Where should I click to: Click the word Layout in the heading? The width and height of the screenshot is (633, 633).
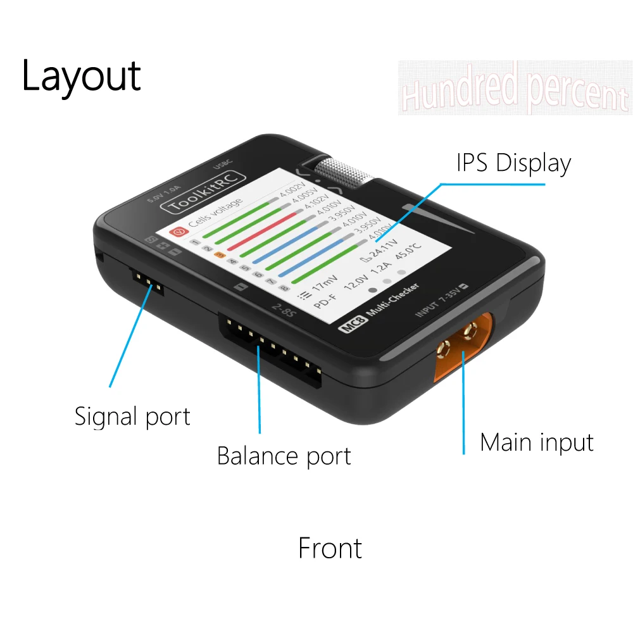(81, 77)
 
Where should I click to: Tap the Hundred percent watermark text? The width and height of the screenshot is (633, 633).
(515, 89)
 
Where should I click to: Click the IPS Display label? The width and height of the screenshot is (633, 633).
(513, 163)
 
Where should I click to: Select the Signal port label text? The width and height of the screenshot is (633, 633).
(132, 417)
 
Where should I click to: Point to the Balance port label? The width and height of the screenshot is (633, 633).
(284, 456)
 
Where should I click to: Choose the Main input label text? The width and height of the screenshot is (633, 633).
(537, 442)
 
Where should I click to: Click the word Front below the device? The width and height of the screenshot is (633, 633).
(330, 548)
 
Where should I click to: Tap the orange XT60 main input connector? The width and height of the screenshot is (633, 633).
(463, 345)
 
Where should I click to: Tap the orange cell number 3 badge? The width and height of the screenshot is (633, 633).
(219, 255)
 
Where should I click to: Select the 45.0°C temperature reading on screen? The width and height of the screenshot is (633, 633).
(408, 253)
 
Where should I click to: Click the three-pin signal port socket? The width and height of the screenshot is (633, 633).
(146, 281)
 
